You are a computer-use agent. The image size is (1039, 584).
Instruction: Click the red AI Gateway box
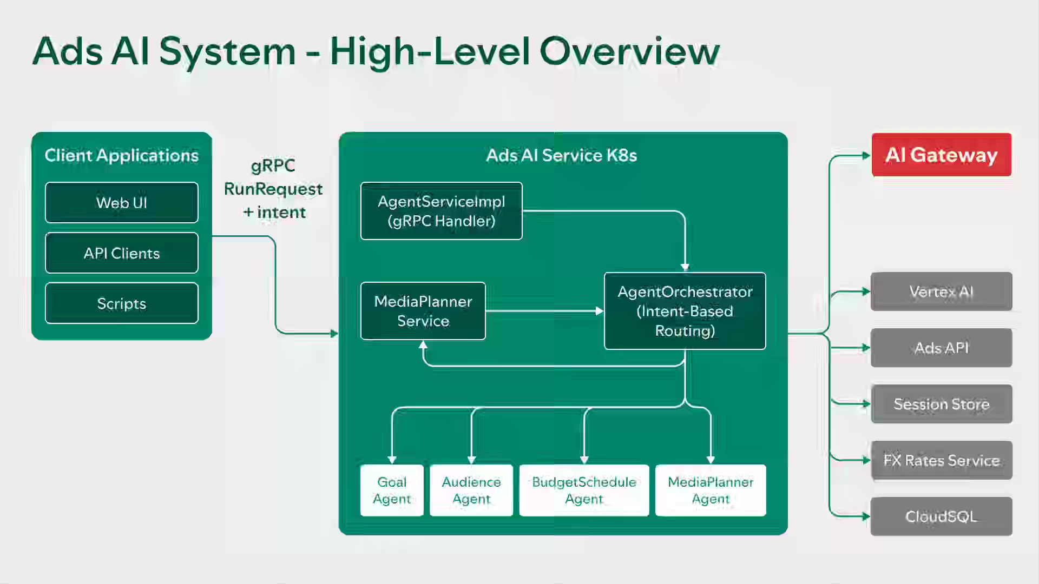[941, 155]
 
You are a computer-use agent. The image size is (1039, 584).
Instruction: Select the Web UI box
[122, 203]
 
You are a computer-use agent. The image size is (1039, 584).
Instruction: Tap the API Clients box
[122, 253]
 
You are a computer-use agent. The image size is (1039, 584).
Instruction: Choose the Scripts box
[122, 303]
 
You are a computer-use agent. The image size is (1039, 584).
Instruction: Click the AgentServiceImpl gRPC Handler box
[441, 211]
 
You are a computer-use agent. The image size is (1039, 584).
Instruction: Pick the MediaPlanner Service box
[423, 311]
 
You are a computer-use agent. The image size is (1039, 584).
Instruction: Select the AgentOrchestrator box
[685, 311]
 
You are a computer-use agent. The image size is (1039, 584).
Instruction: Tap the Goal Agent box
[392, 490]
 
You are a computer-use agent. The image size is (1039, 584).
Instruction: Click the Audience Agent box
[471, 490]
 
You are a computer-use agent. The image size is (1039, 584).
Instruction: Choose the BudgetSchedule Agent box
[584, 490]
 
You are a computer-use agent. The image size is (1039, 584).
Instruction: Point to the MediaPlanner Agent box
[711, 490]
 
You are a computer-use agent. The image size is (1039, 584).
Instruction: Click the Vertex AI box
[941, 291]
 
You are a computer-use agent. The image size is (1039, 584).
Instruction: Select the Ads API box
[941, 348]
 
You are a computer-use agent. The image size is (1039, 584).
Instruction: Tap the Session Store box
[941, 404]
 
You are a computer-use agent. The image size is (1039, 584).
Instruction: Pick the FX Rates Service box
[941, 460]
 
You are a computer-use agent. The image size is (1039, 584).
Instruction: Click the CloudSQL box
[941, 516]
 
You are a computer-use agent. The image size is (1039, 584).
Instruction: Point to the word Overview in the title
[629, 51]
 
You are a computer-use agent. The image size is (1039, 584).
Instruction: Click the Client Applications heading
[122, 155]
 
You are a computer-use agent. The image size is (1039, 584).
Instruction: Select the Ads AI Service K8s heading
[561, 155]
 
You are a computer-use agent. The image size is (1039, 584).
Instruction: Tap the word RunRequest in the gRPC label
[273, 189]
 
